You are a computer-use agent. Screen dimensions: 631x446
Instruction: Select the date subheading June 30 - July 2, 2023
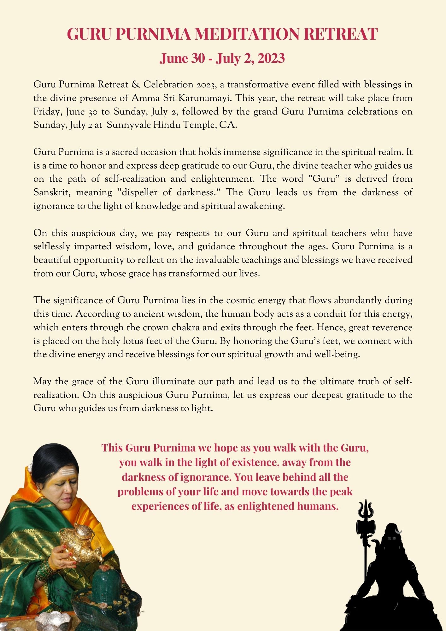pyautogui.click(x=222, y=58)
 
